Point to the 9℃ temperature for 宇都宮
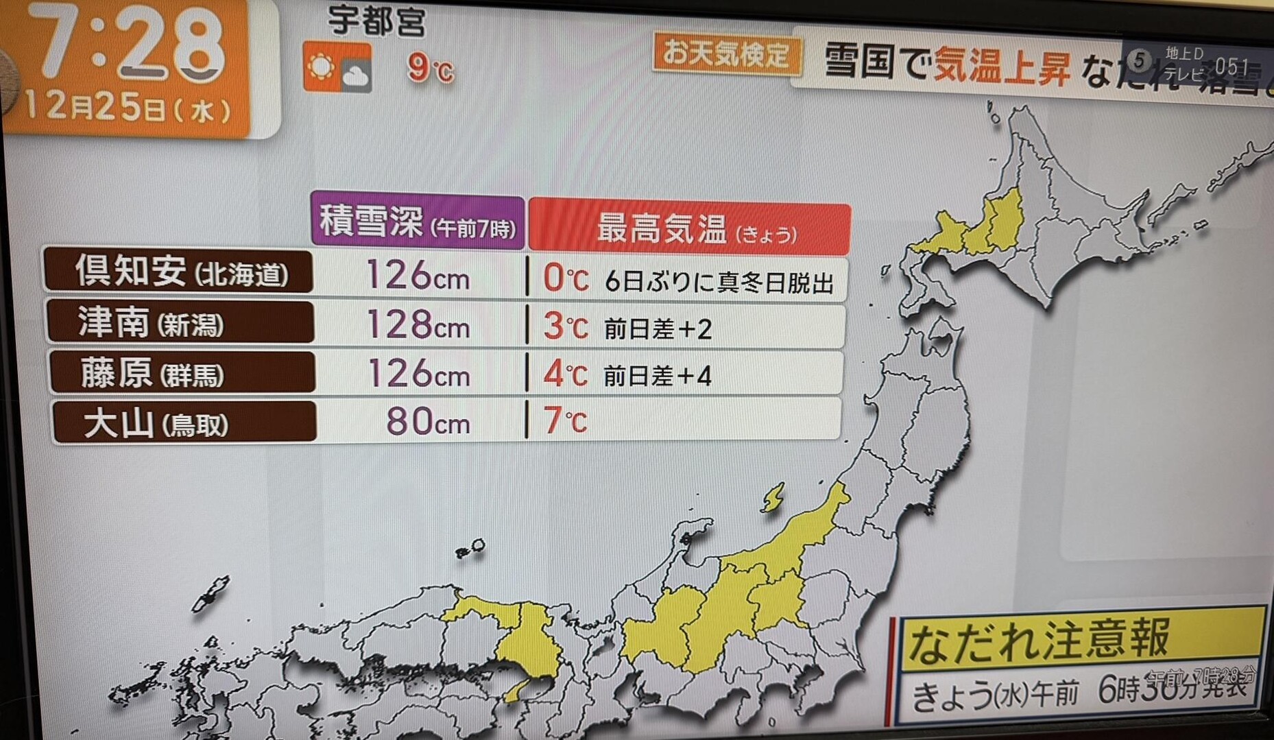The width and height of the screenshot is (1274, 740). (x=430, y=68)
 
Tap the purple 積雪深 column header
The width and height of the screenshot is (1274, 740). (x=417, y=222)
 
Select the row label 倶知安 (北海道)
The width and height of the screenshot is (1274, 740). (x=180, y=272)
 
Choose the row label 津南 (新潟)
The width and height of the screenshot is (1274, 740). (x=180, y=322)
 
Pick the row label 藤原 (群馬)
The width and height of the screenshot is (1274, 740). (x=182, y=373)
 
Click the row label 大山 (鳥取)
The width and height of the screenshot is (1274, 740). (x=184, y=422)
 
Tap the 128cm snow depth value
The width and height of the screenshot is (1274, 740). (x=418, y=324)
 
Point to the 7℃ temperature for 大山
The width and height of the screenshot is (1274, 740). (x=565, y=420)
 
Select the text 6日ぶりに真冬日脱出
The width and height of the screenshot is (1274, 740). (x=719, y=282)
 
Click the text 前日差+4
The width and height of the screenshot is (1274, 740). (x=657, y=376)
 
